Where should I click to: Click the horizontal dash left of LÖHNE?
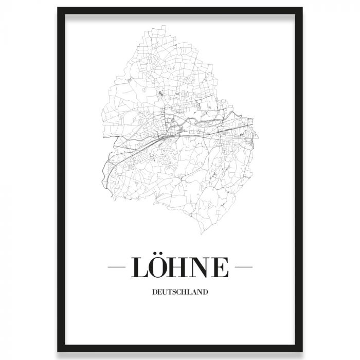click(x=118, y=268)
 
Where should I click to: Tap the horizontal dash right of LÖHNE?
click(x=243, y=268)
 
